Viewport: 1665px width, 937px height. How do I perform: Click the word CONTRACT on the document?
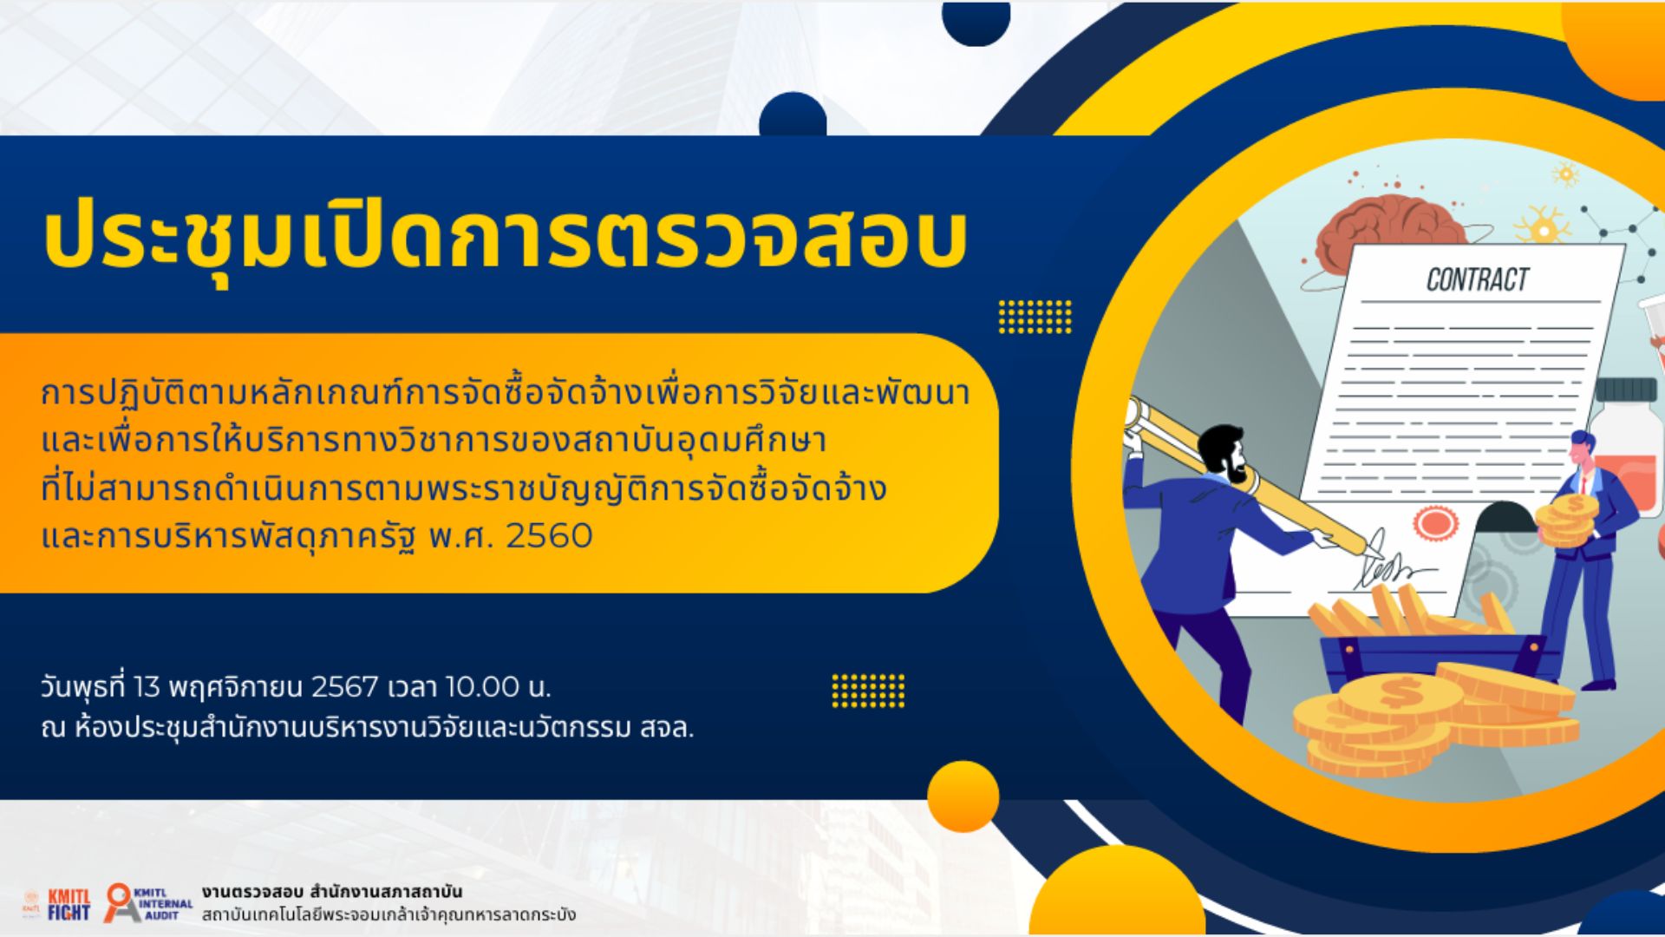1478,279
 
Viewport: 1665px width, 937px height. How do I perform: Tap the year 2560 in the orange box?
549,535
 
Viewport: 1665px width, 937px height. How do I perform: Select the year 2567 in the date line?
344,687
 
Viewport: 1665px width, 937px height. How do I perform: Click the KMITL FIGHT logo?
69,904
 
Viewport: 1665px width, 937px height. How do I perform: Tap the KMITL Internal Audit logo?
148,902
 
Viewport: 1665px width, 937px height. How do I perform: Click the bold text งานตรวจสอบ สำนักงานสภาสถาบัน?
332,892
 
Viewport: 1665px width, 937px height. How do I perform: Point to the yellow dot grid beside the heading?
1035,316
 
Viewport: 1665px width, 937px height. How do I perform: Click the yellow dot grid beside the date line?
868,691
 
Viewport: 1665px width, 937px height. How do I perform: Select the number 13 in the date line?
147,687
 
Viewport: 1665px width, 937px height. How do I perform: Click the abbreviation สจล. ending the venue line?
667,728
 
